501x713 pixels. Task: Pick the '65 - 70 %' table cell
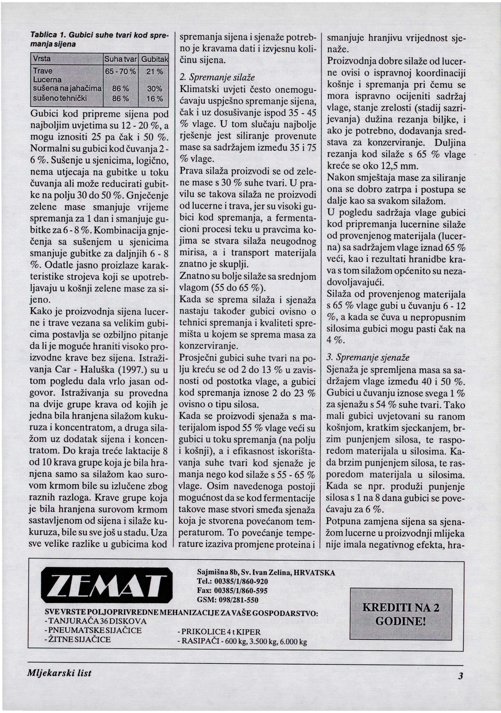tap(121, 71)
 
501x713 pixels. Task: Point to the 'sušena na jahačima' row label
tap(67, 89)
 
